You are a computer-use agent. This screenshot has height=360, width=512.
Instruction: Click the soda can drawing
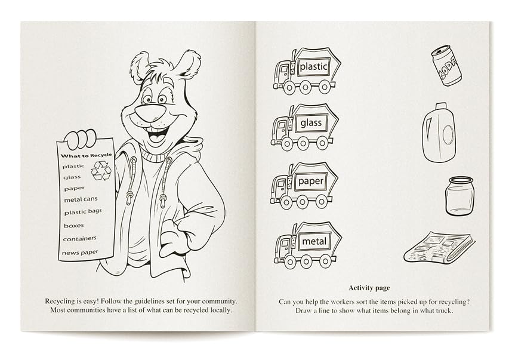pos(446,65)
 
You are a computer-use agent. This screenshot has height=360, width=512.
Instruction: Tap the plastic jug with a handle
pos(439,133)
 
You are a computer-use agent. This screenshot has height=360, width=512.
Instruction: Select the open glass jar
pos(459,196)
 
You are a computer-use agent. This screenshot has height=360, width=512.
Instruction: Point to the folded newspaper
pos(440,248)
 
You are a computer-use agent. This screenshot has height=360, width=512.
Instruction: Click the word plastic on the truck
pos(313,67)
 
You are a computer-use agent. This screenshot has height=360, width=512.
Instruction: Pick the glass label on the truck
pos(311,123)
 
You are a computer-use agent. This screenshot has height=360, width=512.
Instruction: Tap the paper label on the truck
pos(310,181)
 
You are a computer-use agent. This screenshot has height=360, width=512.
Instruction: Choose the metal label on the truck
pos(314,241)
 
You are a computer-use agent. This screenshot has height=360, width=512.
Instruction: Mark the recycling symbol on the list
pos(101,171)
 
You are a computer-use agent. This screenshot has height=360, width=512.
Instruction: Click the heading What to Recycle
pos(86,155)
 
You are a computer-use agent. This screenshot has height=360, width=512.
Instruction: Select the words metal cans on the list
pos(81,199)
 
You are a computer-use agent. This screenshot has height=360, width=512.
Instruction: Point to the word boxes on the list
pos(74,226)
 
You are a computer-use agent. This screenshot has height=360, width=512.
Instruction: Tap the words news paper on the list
pos(80,253)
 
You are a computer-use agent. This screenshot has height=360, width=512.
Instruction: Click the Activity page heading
pos(369,288)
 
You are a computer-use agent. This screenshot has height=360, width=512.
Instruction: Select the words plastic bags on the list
pos(83,212)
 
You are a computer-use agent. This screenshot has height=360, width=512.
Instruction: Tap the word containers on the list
pos(80,239)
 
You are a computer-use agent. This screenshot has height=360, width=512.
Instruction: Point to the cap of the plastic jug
pos(440,106)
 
